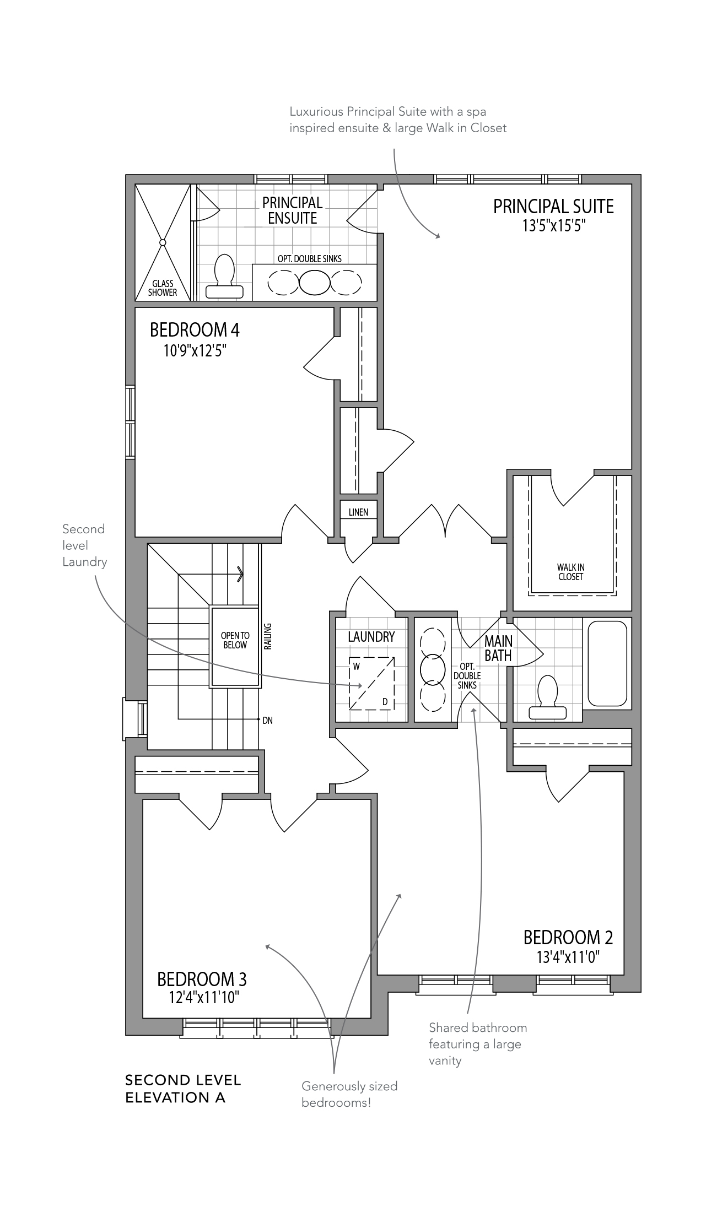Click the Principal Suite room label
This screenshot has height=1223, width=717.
click(x=553, y=207)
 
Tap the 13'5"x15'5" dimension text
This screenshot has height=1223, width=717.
click(x=553, y=226)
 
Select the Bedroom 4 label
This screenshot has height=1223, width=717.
click(x=195, y=330)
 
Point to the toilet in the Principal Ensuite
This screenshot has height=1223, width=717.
click(x=224, y=277)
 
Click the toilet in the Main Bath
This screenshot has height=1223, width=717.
click(x=547, y=697)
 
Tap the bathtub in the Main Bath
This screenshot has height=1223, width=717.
click(x=607, y=663)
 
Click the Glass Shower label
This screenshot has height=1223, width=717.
click(x=163, y=288)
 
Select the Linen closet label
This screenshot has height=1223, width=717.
click(x=358, y=512)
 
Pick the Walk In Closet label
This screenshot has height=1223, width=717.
click(x=570, y=572)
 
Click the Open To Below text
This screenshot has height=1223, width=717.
click(x=235, y=640)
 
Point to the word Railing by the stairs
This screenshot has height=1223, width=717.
click(x=268, y=636)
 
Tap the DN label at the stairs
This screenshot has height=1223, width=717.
click(x=268, y=720)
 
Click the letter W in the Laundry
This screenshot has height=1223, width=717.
click(x=357, y=667)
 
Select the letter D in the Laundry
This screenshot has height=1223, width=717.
click(x=385, y=702)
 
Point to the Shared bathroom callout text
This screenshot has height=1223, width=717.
click(x=478, y=1044)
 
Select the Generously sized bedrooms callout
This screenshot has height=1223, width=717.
click(x=349, y=1094)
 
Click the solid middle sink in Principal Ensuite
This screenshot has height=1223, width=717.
click(x=314, y=283)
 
